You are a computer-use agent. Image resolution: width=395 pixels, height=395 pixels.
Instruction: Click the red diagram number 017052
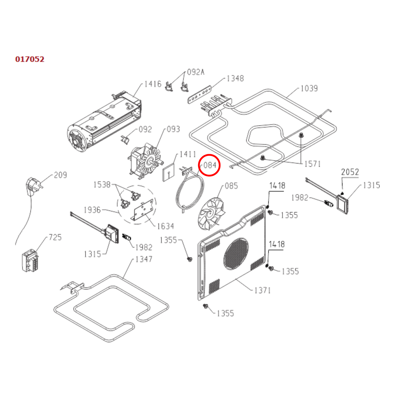30,59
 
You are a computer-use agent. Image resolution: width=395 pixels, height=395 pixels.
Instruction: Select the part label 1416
153,84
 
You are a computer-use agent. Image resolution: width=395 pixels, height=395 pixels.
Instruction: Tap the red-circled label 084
209,165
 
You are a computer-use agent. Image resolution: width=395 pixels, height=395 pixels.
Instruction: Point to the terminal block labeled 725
30,261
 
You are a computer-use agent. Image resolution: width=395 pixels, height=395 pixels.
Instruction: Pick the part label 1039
309,88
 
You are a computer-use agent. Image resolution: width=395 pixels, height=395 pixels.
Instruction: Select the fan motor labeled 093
145,161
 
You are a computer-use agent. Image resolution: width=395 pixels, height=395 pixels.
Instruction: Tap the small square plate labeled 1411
169,172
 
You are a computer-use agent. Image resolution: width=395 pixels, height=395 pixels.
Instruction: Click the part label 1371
262,290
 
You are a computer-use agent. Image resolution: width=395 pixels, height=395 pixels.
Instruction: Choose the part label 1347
144,259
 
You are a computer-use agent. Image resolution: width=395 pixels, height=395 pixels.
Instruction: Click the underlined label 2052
350,172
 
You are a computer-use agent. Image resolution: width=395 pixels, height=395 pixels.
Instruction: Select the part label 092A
195,72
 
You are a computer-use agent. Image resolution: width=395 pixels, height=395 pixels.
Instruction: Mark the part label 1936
92,210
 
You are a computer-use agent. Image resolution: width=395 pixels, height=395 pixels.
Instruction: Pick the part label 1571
312,164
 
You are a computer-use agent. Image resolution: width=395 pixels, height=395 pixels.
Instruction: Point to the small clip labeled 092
125,139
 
